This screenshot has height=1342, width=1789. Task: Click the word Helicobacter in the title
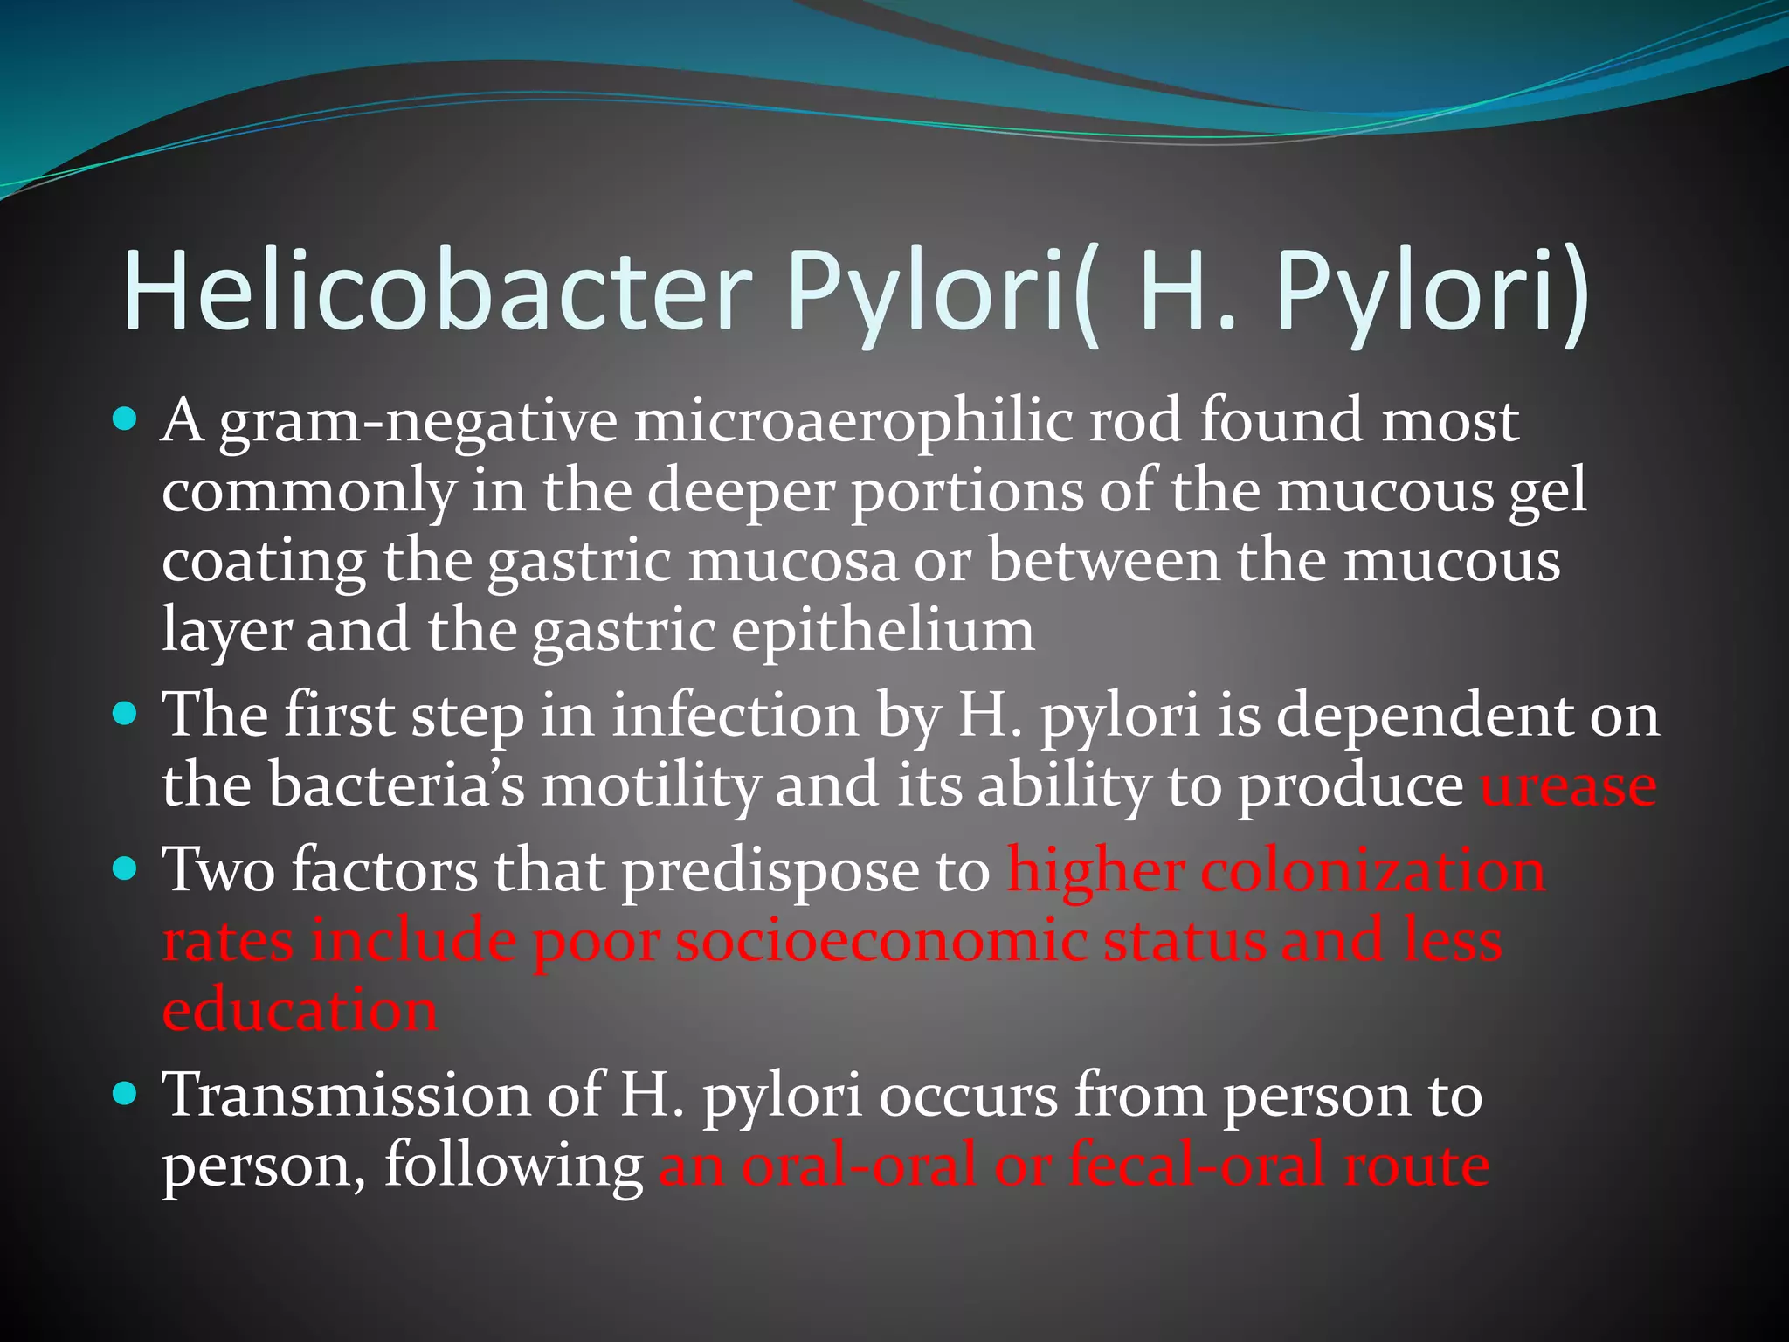pyautogui.click(x=437, y=290)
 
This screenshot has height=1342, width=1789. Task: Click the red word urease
pyautogui.click(x=1568, y=785)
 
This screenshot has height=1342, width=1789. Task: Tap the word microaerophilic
pyautogui.click(x=853, y=421)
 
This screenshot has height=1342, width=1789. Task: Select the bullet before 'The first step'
pyautogui.click(x=127, y=716)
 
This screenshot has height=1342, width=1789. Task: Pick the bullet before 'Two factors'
pyautogui.click(x=127, y=870)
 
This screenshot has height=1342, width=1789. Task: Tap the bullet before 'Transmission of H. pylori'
pyautogui.click(x=127, y=1093)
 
